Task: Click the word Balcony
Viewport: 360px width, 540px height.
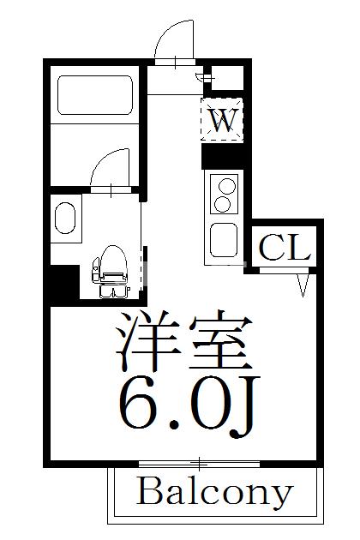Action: click(x=213, y=495)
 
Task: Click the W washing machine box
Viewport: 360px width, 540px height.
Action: click(x=222, y=121)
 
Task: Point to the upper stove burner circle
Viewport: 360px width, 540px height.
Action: click(x=227, y=184)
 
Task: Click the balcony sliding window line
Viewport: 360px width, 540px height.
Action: click(x=198, y=464)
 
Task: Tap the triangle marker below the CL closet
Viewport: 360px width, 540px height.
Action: click(x=303, y=285)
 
